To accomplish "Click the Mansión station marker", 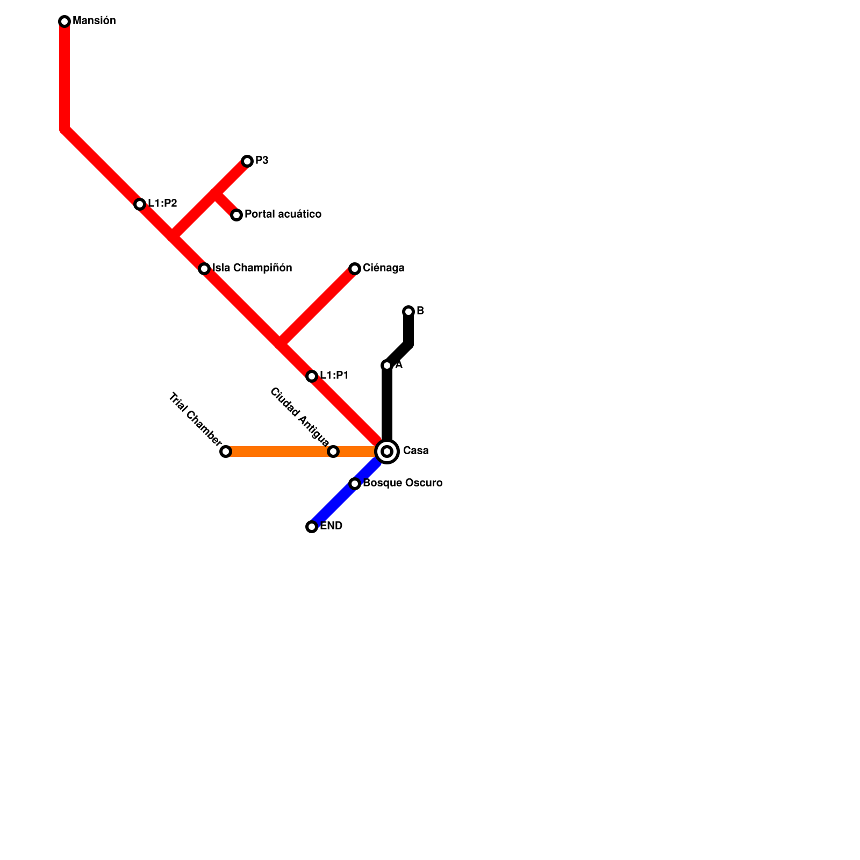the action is [64, 21].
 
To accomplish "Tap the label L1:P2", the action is [162, 204].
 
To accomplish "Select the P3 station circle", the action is [247, 161].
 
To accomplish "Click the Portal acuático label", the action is [283, 214].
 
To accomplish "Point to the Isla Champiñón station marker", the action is [204, 269].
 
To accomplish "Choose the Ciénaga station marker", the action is [355, 269].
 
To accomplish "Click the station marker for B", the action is [408, 312].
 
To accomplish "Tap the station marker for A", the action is [387, 365].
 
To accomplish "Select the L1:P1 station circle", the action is [312, 376].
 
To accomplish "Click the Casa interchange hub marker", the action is [387, 451].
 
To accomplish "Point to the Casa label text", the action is [415, 451].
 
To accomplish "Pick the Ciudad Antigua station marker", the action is [333, 451].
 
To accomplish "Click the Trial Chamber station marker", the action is [226, 451].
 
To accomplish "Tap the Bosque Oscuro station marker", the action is [355, 484].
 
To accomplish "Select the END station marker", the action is [312, 527].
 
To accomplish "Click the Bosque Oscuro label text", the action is [403, 483].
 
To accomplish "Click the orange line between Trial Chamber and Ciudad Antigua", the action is [279, 451].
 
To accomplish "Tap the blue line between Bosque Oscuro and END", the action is [333, 505].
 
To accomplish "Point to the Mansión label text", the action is [94, 21].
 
